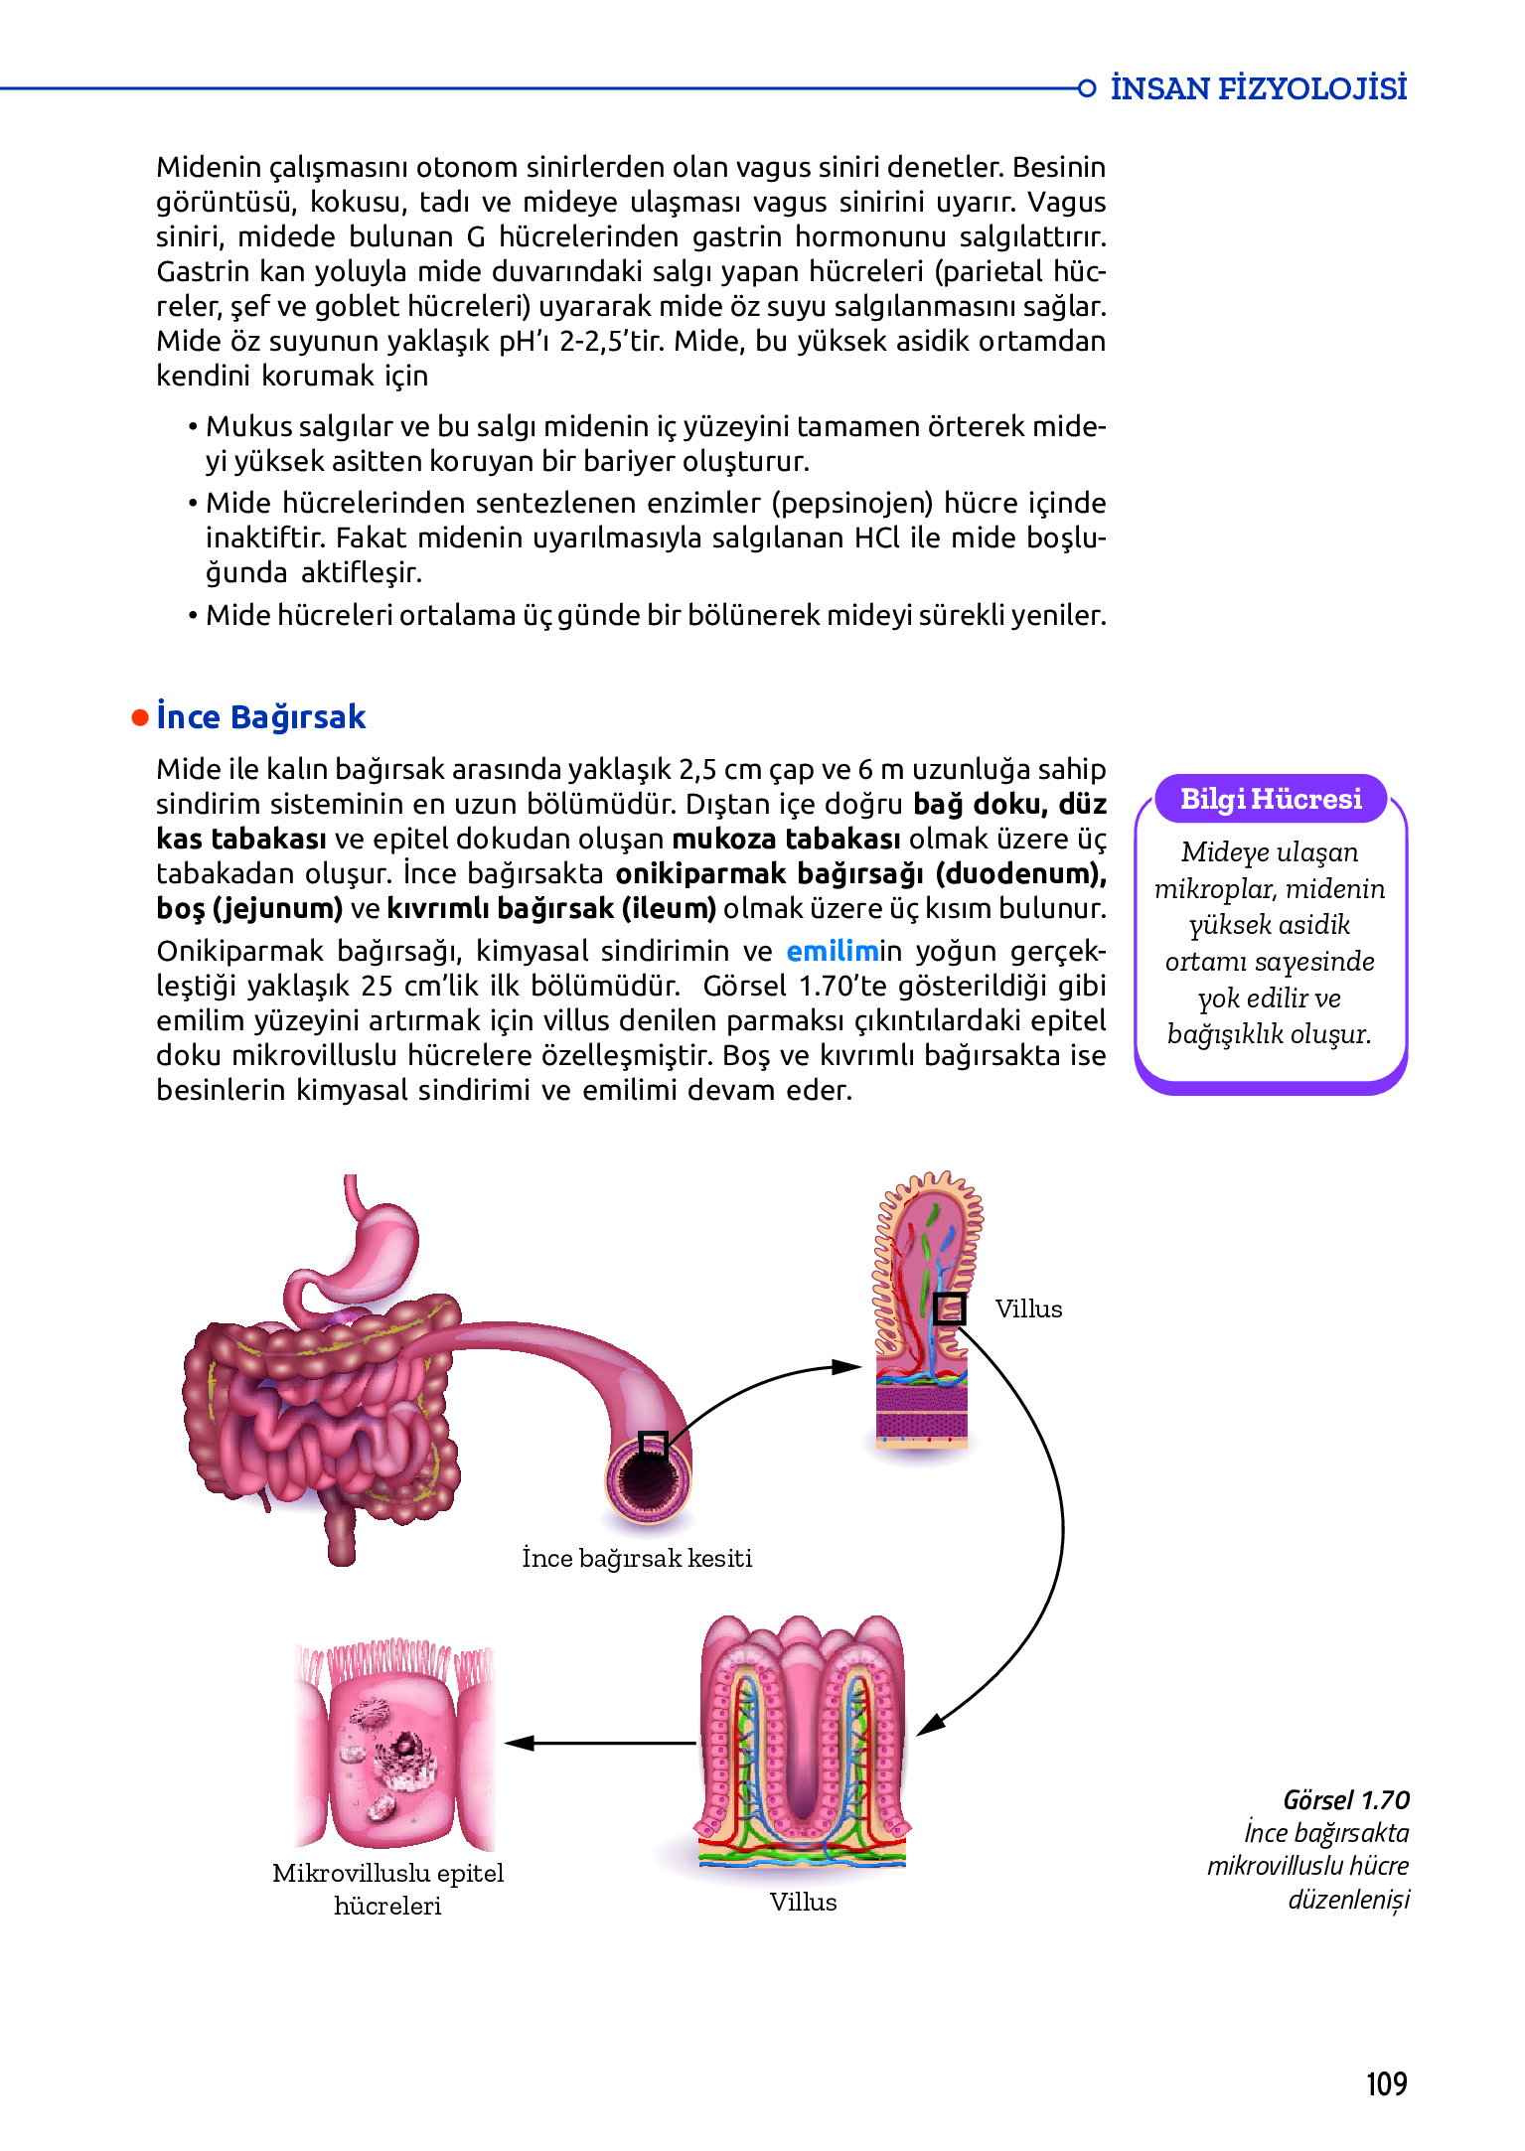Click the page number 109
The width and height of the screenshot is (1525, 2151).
[1386, 2082]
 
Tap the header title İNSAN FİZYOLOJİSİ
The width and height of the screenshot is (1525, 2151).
[1258, 88]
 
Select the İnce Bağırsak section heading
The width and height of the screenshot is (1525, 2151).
[261, 716]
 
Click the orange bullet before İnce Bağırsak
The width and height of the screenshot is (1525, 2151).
[140, 717]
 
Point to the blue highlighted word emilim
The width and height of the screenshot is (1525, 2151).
[833, 951]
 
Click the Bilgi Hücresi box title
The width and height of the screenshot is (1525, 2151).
[1271, 799]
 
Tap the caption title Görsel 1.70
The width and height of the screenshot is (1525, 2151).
[1346, 1799]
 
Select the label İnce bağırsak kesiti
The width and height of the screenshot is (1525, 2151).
[637, 1557]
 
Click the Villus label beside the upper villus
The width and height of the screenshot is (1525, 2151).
[1028, 1308]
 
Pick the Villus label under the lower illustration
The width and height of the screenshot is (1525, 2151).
[803, 1902]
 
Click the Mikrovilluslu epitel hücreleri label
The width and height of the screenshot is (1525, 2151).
[387, 1889]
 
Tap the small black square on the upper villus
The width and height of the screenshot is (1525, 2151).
[949, 1308]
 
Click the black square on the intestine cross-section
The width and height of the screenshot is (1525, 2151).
[652, 1444]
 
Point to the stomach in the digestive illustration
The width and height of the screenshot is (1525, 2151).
[373, 1242]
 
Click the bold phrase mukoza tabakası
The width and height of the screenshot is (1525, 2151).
[786, 839]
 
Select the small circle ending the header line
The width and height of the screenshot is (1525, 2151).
[1087, 88]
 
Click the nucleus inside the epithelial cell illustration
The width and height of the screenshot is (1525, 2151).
[405, 1745]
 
